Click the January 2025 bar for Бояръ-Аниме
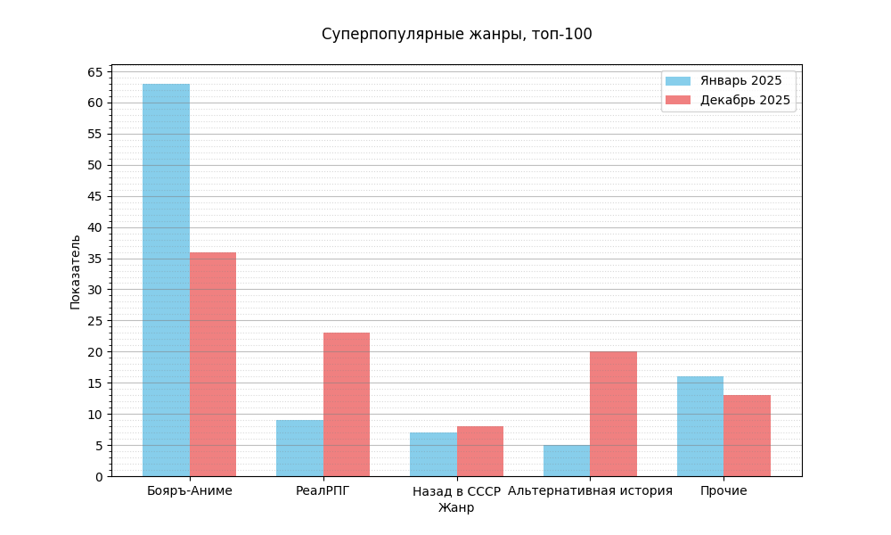click(x=166, y=280)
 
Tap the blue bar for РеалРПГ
click(x=299, y=448)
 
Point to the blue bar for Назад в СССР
click(x=433, y=454)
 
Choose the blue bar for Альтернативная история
click(x=567, y=460)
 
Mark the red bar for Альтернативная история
click(x=613, y=414)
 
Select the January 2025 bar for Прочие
click(x=700, y=426)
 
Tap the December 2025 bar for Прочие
click(x=747, y=435)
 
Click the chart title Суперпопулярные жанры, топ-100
click(x=456, y=35)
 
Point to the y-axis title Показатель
click(x=76, y=272)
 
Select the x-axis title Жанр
click(x=456, y=508)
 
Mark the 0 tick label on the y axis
click(x=99, y=477)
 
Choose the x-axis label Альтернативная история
click(x=590, y=491)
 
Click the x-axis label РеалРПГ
click(x=323, y=491)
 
